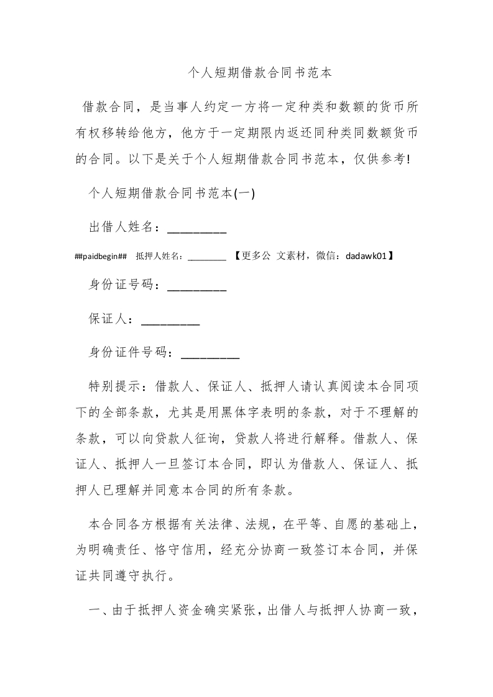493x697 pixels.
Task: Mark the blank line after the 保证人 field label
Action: point(170,320)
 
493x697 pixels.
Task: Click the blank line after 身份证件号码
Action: point(210,353)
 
